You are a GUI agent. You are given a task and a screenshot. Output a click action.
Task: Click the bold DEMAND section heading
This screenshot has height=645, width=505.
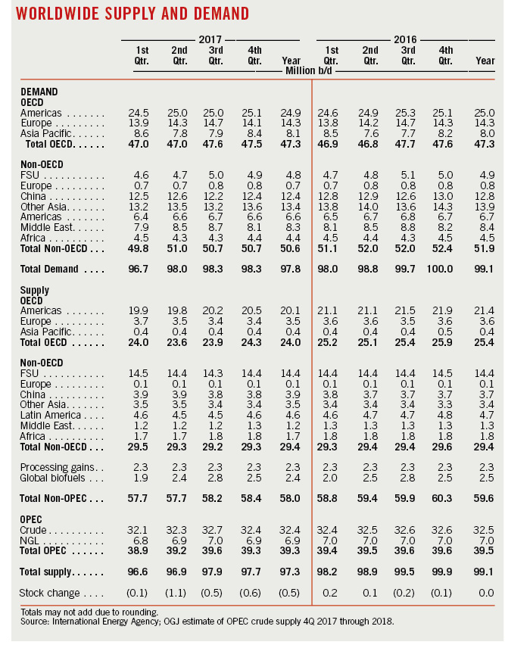[x=39, y=91]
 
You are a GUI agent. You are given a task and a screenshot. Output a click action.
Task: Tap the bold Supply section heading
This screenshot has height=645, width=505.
[x=35, y=291]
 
